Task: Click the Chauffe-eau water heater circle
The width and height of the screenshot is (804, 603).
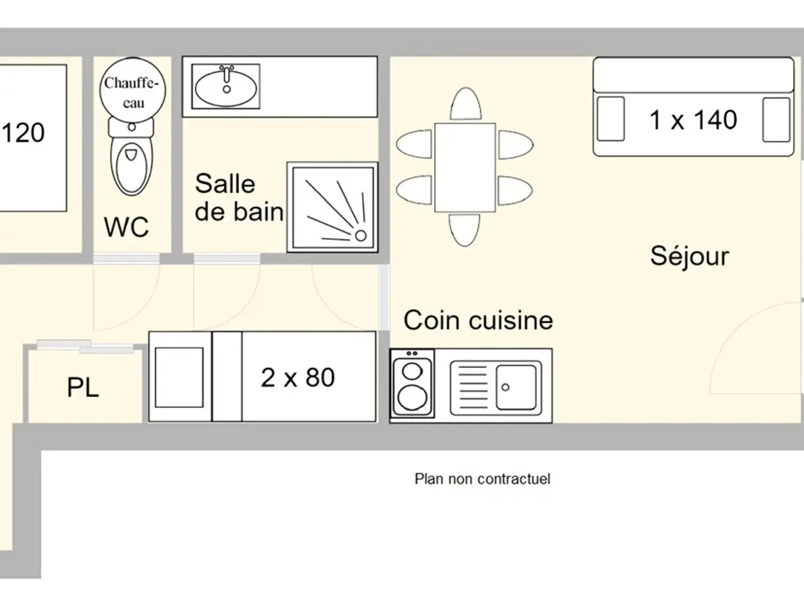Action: pyautogui.click(x=133, y=90)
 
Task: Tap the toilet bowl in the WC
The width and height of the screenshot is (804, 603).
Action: pyautogui.click(x=132, y=167)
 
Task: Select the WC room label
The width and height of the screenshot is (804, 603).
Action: pyautogui.click(x=126, y=227)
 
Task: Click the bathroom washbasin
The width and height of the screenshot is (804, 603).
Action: pyautogui.click(x=226, y=86)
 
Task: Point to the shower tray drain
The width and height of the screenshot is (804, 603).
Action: pyautogui.click(x=360, y=235)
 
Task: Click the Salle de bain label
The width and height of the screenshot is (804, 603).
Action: pyautogui.click(x=239, y=197)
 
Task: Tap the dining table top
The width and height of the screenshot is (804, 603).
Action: pyautogui.click(x=465, y=167)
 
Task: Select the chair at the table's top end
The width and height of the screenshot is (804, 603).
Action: pyautogui.click(x=466, y=105)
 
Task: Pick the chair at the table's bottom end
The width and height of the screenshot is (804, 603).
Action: pyautogui.click(x=465, y=230)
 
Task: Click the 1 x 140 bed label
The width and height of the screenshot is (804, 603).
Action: pyautogui.click(x=693, y=120)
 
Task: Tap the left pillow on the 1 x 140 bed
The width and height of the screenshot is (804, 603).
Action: pyautogui.click(x=611, y=119)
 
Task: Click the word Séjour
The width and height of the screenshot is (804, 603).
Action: pyautogui.click(x=689, y=255)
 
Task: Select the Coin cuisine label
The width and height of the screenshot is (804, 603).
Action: pyautogui.click(x=478, y=320)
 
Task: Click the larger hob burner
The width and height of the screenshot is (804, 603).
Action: pyautogui.click(x=413, y=398)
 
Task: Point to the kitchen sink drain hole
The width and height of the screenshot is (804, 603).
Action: pyautogui.click(x=506, y=387)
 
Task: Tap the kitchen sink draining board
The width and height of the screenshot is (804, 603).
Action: pyautogui.click(x=472, y=387)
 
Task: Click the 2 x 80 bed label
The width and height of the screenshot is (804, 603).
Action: pyautogui.click(x=298, y=378)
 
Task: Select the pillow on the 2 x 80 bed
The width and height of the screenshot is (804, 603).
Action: pyautogui.click(x=179, y=377)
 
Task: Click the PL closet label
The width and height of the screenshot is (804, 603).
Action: pyautogui.click(x=83, y=387)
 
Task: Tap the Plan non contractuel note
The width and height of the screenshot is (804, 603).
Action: pyautogui.click(x=482, y=479)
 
